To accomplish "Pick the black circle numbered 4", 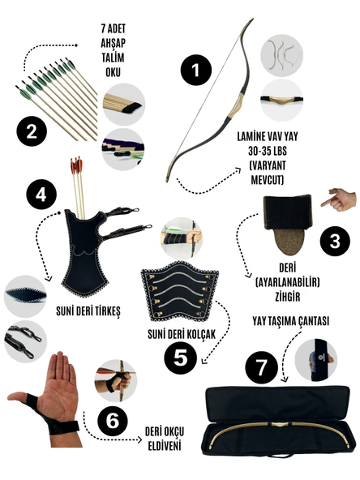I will coord(40,195).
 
